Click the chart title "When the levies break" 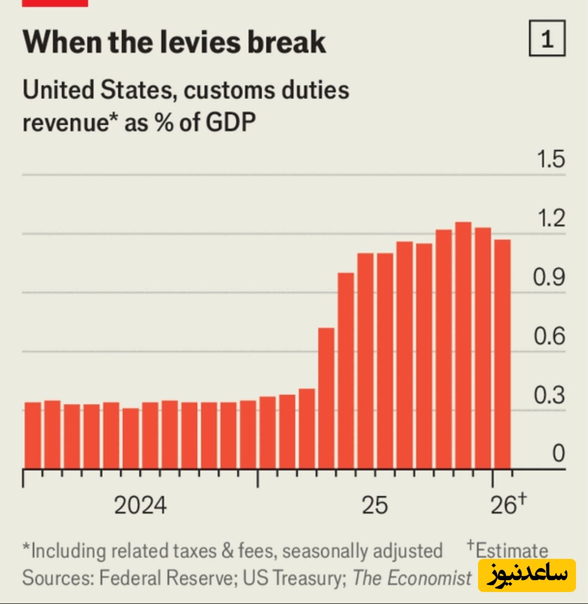(174, 42)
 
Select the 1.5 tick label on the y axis (550, 160)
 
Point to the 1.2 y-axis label (550, 219)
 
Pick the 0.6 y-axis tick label (549, 336)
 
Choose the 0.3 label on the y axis (549, 396)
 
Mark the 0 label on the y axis (558, 454)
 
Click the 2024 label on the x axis (140, 506)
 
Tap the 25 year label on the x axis (375, 506)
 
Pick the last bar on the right (503, 354)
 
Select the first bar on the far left (33, 435)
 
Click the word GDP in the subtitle (230, 123)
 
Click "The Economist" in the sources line (412, 577)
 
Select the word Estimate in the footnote (511, 550)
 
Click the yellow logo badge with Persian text (526, 575)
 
